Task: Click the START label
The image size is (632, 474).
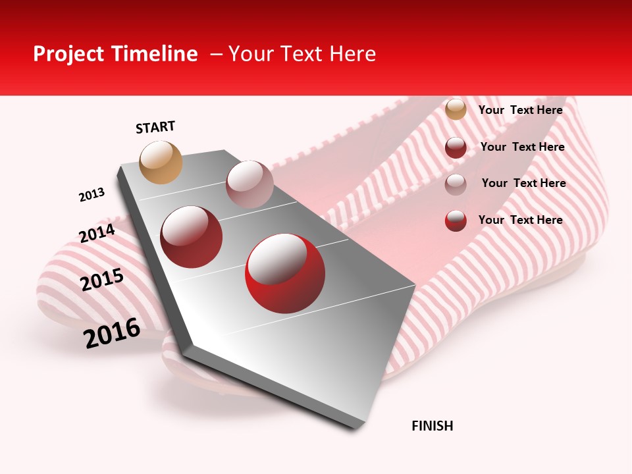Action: pyautogui.click(x=155, y=127)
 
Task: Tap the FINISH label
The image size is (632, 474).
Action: pyautogui.click(x=432, y=426)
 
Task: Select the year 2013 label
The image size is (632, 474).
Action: pyautogui.click(x=92, y=195)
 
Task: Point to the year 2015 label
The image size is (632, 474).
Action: pyautogui.click(x=102, y=280)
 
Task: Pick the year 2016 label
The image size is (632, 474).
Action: pyautogui.click(x=112, y=333)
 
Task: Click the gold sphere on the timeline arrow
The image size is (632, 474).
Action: pyautogui.click(x=161, y=162)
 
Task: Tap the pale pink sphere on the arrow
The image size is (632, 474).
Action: pyautogui.click(x=250, y=184)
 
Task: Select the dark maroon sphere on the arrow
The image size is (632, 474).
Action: pyautogui.click(x=192, y=237)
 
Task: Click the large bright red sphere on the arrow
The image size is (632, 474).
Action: pyautogui.click(x=285, y=273)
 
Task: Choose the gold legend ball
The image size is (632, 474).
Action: pyautogui.click(x=456, y=109)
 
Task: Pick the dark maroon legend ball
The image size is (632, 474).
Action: pyautogui.click(x=456, y=147)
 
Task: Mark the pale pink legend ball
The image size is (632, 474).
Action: pyautogui.click(x=456, y=184)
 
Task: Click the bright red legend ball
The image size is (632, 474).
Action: pyautogui.click(x=456, y=221)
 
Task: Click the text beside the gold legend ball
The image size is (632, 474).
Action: pyautogui.click(x=520, y=110)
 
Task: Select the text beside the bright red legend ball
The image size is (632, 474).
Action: pyautogui.click(x=520, y=220)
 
